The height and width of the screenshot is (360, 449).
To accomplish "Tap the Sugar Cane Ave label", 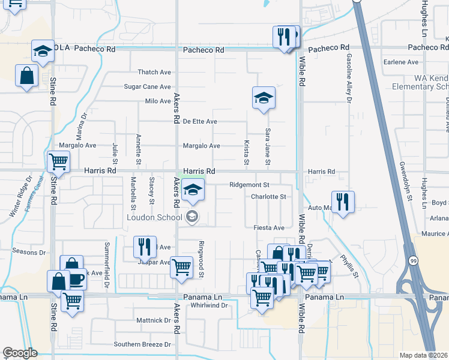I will point(147,87).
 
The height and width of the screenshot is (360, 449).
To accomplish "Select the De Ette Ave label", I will point(200,122).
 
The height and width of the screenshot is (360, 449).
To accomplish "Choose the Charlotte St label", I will point(268,196).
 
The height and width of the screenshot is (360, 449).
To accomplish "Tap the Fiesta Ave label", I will point(269,228).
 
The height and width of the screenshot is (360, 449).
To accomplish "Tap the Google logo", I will point(20,353).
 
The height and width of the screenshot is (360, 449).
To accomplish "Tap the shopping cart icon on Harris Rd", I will point(58,161).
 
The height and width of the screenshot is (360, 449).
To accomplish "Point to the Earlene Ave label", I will point(401,62).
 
